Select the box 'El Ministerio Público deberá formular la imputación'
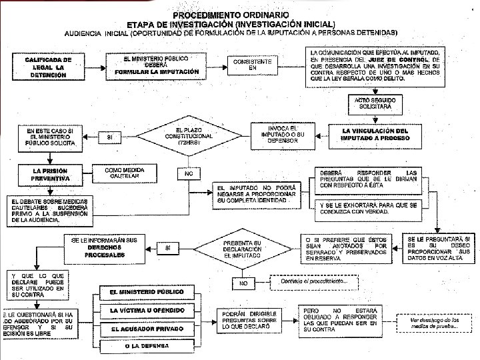156,65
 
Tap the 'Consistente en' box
253,65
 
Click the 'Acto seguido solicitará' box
375,103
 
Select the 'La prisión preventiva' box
49,175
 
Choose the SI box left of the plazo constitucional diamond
110,137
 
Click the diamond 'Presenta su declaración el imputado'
242,248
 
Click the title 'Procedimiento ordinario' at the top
231,14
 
